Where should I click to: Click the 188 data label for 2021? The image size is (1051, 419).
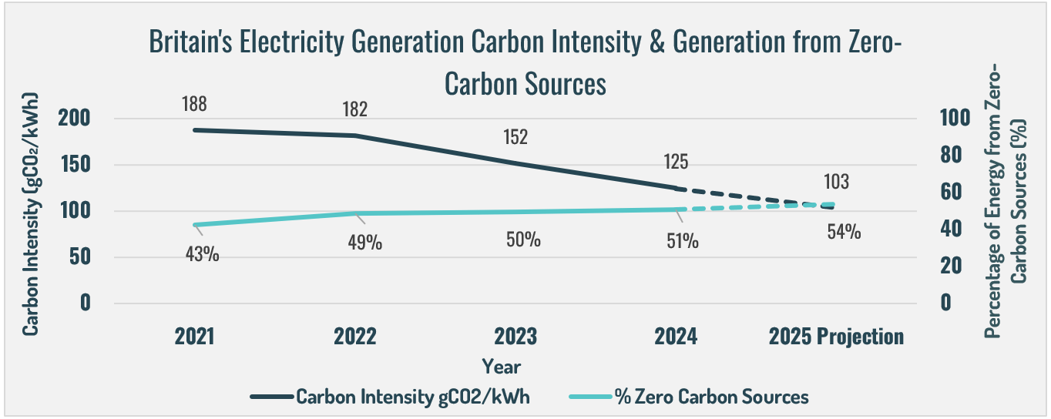click(x=195, y=104)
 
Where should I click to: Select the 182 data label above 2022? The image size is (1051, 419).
click(x=355, y=109)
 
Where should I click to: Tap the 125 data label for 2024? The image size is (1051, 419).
click(x=675, y=163)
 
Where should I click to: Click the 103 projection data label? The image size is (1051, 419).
click(x=836, y=183)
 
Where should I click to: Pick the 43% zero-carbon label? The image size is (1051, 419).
click(x=203, y=253)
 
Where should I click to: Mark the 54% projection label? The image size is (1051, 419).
click(x=844, y=232)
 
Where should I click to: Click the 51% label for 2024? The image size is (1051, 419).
click(x=683, y=241)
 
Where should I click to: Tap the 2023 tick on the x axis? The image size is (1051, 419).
click(x=515, y=337)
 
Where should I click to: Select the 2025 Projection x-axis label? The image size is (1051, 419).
click(x=836, y=337)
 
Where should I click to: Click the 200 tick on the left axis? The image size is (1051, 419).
click(x=75, y=119)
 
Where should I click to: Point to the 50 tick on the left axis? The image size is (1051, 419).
click(x=79, y=257)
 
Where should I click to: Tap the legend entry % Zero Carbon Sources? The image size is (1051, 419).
click(x=711, y=397)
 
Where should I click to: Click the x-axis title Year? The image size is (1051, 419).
click(x=501, y=366)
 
